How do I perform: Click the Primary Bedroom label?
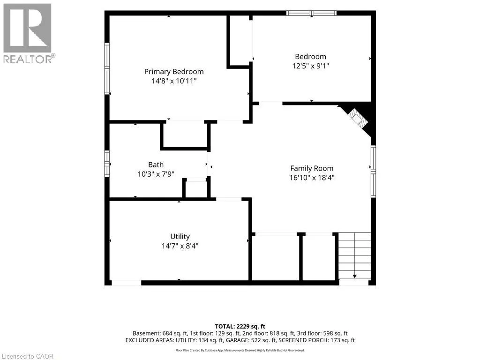pos(174,72)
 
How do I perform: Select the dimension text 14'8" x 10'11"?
pos(174,81)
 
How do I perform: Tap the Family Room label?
pos(312,168)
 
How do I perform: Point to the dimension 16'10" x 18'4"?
pos(312,178)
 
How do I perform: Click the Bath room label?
pos(156,165)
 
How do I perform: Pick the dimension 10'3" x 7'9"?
pos(156,174)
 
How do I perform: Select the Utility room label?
pos(180,236)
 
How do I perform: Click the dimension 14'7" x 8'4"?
pos(180,246)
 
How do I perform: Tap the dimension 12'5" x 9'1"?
pos(310,66)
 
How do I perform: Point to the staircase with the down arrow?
pos(354,255)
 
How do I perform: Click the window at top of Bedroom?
pos(311,13)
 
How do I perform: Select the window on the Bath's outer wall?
pos(107,164)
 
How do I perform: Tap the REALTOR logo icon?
pos(27,28)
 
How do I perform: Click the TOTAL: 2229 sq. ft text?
pos(240,326)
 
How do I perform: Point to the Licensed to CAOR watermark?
pos(27,356)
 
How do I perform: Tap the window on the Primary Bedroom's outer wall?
pos(107,69)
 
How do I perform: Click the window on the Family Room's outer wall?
pos(373,172)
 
